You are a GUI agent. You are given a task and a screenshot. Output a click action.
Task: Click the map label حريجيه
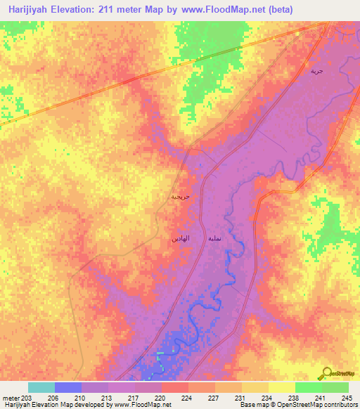pyautogui.click(x=180, y=197)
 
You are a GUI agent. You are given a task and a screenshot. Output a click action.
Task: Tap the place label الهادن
pyautogui.click(x=180, y=239)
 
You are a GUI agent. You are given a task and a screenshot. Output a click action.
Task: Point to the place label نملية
pyautogui.click(x=216, y=239)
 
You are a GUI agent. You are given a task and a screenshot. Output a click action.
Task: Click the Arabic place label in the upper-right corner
pyautogui.click(x=317, y=72)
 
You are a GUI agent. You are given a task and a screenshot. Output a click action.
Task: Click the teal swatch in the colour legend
pyautogui.click(x=41, y=387)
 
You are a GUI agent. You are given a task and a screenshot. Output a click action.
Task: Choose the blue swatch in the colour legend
pyautogui.click(x=68, y=387)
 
